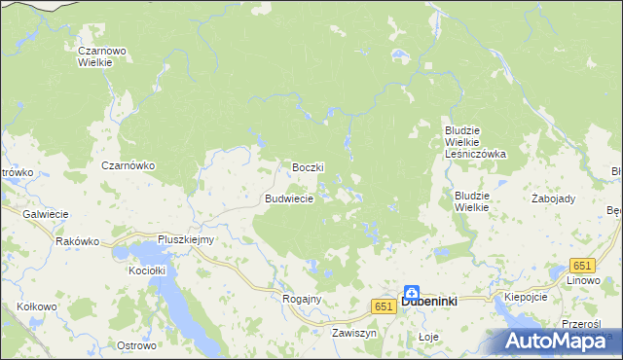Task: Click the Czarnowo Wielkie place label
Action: (96, 54)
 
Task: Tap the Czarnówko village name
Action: (128, 165)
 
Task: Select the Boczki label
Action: (308, 167)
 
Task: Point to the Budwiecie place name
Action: (289, 198)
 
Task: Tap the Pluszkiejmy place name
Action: (186, 239)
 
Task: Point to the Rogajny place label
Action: (301, 299)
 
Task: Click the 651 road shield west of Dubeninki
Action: (383, 306)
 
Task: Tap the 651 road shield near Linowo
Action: (582, 267)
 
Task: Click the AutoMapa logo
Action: (563, 341)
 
